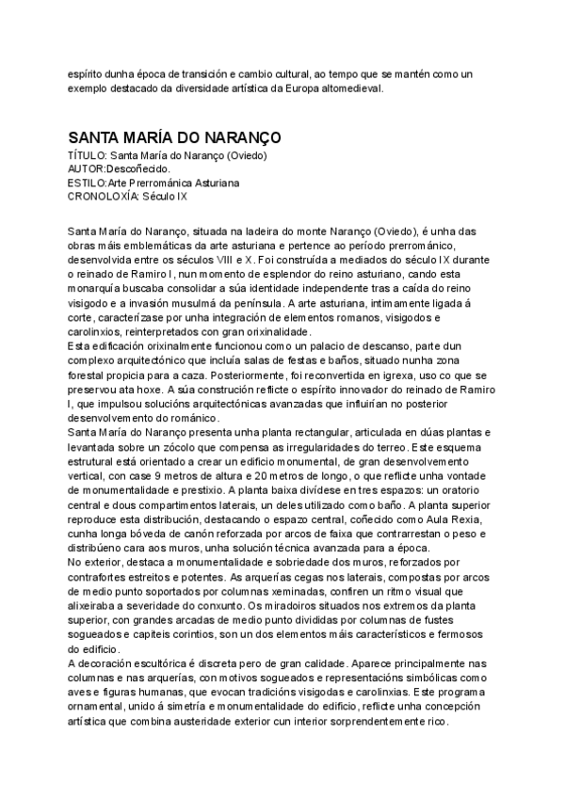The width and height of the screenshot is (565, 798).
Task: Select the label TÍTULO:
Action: pos(89,155)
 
